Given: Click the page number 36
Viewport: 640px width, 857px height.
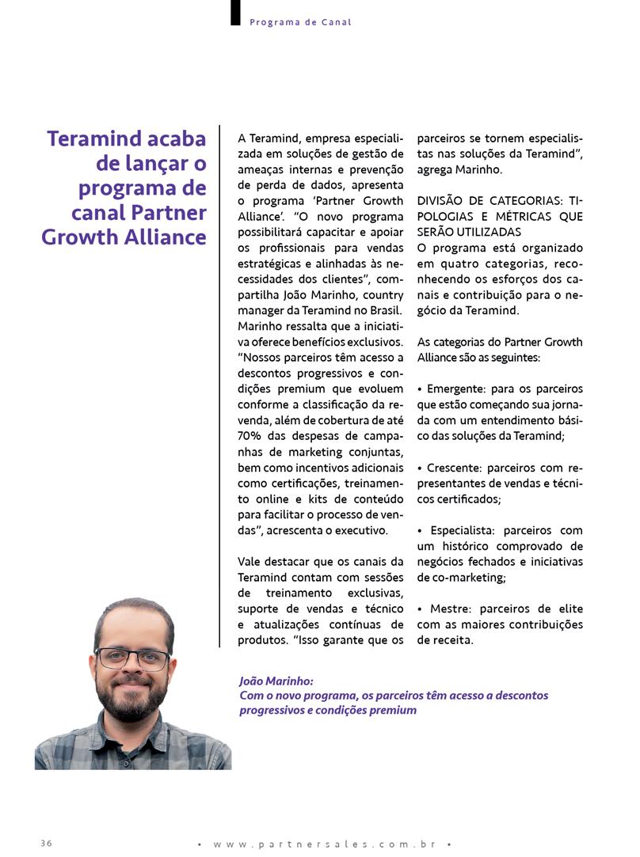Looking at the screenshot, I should coord(46,843).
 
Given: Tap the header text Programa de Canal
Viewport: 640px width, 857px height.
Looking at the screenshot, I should coord(300,22).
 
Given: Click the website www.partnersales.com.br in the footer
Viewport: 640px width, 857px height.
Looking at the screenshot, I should coord(325,844).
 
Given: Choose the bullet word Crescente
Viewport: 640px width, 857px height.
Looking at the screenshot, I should coord(455,468).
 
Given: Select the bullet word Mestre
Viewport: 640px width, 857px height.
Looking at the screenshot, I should coord(450,609).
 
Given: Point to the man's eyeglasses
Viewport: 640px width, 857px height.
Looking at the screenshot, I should coord(132,658).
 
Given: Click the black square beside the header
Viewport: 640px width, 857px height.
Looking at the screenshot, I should coord(235,13).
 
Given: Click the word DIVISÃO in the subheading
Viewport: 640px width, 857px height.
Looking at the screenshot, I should coord(444,200).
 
